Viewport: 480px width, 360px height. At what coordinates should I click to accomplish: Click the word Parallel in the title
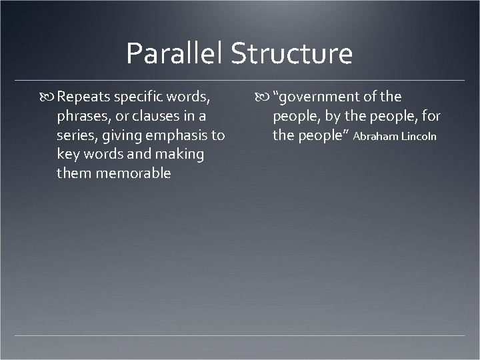click(x=175, y=54)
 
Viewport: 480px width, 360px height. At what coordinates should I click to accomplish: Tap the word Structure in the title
click(x=292, y=54)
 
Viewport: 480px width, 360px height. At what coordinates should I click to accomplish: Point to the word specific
click(x=139, y=97)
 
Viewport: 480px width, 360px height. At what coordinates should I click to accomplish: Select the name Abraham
click(x=377, y=137)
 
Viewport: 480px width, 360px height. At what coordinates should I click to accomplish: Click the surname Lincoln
click(x=420, y=137)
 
